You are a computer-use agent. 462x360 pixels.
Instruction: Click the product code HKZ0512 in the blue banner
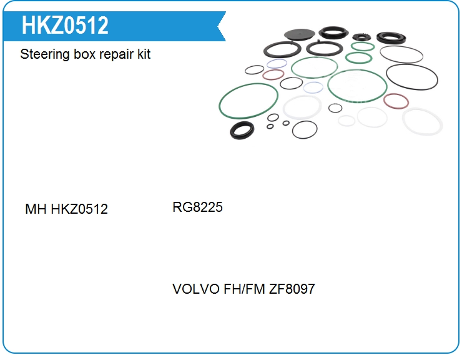(x=65, y=26)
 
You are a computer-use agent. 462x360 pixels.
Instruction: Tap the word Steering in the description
(x=39, y=54)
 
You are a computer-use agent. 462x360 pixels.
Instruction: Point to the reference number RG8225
(x=197, y=207)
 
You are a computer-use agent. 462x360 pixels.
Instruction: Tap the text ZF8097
(x=292, y=289)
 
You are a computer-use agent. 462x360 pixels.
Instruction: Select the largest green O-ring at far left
(x=248, y=101)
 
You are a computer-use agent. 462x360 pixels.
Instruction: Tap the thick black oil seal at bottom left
(x=242, y=131)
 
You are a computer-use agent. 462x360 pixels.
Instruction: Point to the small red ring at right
(x=396, y=101)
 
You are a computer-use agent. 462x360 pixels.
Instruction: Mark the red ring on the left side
(x=273, y=75)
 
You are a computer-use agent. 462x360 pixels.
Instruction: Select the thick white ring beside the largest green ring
(x=302, y=107)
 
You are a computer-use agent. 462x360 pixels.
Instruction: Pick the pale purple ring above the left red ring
(x=277, y=64)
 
